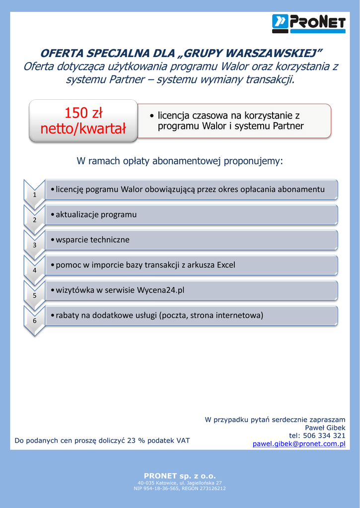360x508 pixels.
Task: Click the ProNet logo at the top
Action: click(x=308, y=23)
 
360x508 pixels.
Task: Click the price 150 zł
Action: click(x=83, y=114)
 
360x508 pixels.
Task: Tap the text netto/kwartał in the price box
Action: click(x=83, y=129)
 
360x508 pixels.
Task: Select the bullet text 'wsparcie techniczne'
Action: click(x=92, y=240)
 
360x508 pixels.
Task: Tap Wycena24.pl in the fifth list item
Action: click(x=160, y=290)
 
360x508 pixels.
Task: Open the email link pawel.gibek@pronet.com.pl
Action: click(x=299, y=444)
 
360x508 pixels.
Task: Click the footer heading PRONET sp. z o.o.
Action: click(x=180, y=476)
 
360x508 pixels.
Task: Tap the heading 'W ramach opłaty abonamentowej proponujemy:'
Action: click(x=180, y=161)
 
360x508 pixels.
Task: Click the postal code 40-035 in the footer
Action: click(x=145, y=482)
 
